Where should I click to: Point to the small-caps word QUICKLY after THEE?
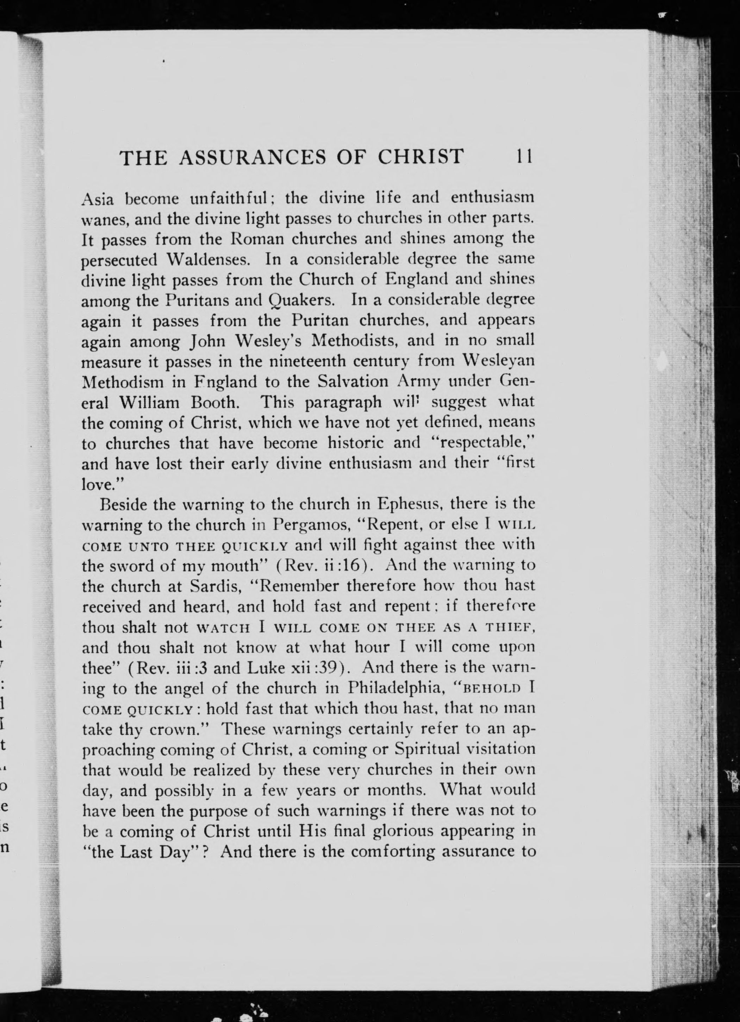coord(255,546)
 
